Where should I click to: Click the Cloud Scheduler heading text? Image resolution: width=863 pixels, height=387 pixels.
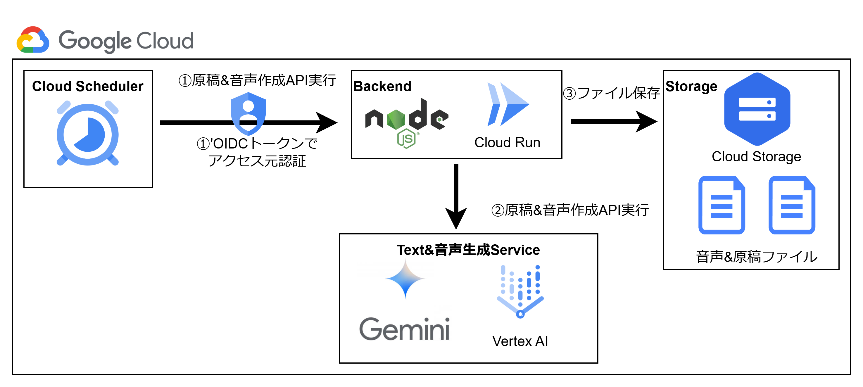point(87,87)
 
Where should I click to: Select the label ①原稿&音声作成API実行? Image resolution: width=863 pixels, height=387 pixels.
point(257,81)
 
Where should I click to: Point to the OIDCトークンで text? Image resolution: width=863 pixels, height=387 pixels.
point(257,144)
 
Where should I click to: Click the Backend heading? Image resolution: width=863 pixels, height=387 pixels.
point(382,87)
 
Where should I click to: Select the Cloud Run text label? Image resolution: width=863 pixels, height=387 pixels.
point(507,142)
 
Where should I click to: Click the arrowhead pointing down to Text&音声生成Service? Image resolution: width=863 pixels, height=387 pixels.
point(456,218)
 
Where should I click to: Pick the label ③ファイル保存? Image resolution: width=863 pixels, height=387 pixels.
point(611,93)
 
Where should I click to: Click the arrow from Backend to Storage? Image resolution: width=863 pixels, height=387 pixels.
point(613,121)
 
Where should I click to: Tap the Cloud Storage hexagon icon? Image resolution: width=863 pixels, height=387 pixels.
point(757,109)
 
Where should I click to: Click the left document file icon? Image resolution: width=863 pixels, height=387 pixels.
point(721,205)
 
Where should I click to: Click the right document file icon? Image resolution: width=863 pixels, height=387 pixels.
point(791,205)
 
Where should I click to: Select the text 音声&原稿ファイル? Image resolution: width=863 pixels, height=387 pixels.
point(757,257)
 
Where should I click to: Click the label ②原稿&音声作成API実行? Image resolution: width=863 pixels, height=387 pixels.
point(570,210)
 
